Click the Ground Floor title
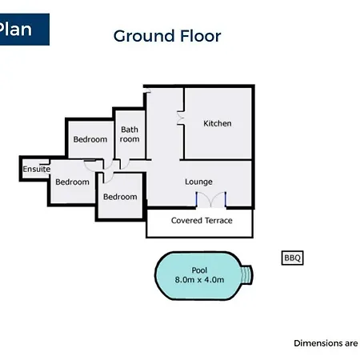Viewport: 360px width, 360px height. (x=167, y=36)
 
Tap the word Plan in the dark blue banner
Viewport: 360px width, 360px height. (x=15, y=29)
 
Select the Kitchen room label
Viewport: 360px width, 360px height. (x=218, y=123)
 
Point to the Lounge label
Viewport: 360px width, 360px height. (x=198, y=182)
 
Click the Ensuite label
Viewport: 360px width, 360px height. (x=37, y=169)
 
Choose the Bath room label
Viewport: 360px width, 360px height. (x=130, y=134)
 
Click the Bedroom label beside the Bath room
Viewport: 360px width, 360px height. (x=90, y=139)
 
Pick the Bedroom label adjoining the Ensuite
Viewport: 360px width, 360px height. (x=72, y=182)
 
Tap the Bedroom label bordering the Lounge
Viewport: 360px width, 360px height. (x=120, y=197)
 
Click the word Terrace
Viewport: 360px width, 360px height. (x=218, y=220)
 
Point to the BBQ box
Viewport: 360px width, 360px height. (x=293, y=258)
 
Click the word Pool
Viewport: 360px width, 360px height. (x=199, y=270)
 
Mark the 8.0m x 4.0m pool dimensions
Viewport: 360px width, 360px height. (x=199, y=280)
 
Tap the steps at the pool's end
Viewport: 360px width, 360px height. (x=247, y=274)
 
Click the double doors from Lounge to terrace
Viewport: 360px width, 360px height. (x=211, y=200)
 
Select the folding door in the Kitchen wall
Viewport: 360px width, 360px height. (x=181, y=118)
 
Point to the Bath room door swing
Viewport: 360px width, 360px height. (x=125, y=164)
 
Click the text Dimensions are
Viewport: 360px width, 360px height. (x=326, y=343)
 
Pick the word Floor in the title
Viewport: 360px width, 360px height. (x=201, y=36)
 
